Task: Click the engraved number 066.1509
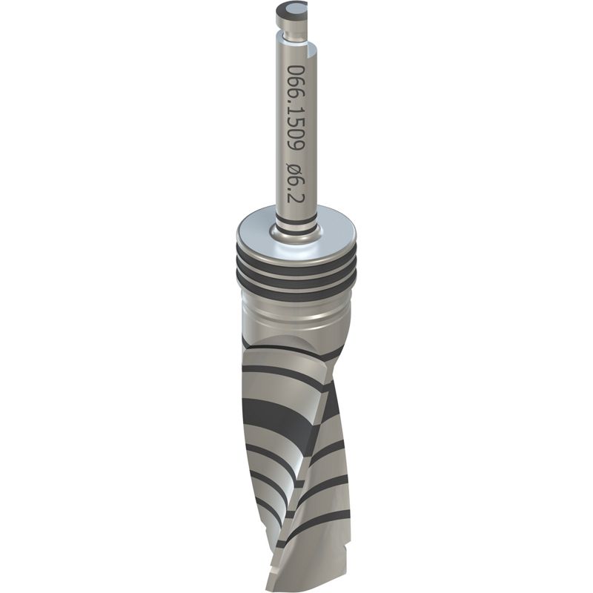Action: pyautogui.click(x=295, y=107)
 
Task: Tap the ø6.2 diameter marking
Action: pyautogui.click(x=295, y=183)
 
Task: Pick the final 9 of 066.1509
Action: pyautogui.click(x=295, y=145)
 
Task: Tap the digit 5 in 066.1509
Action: pyautogui.click(x=295, y=120)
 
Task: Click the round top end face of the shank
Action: pyautogui.click(x=291, y=8)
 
